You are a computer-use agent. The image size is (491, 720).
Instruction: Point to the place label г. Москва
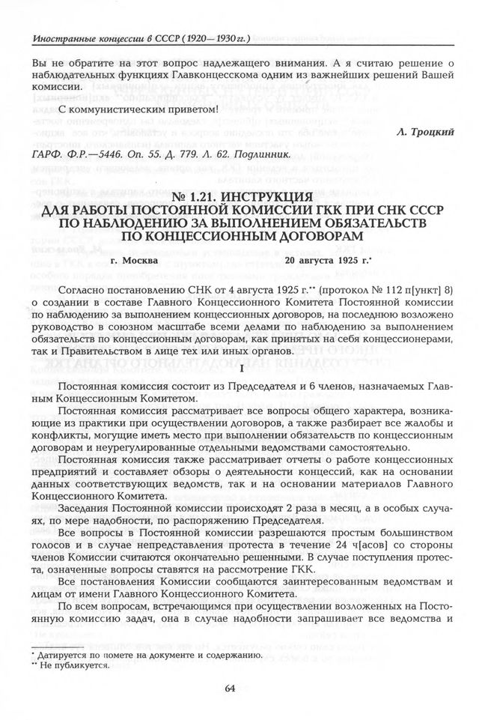(133, 261)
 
